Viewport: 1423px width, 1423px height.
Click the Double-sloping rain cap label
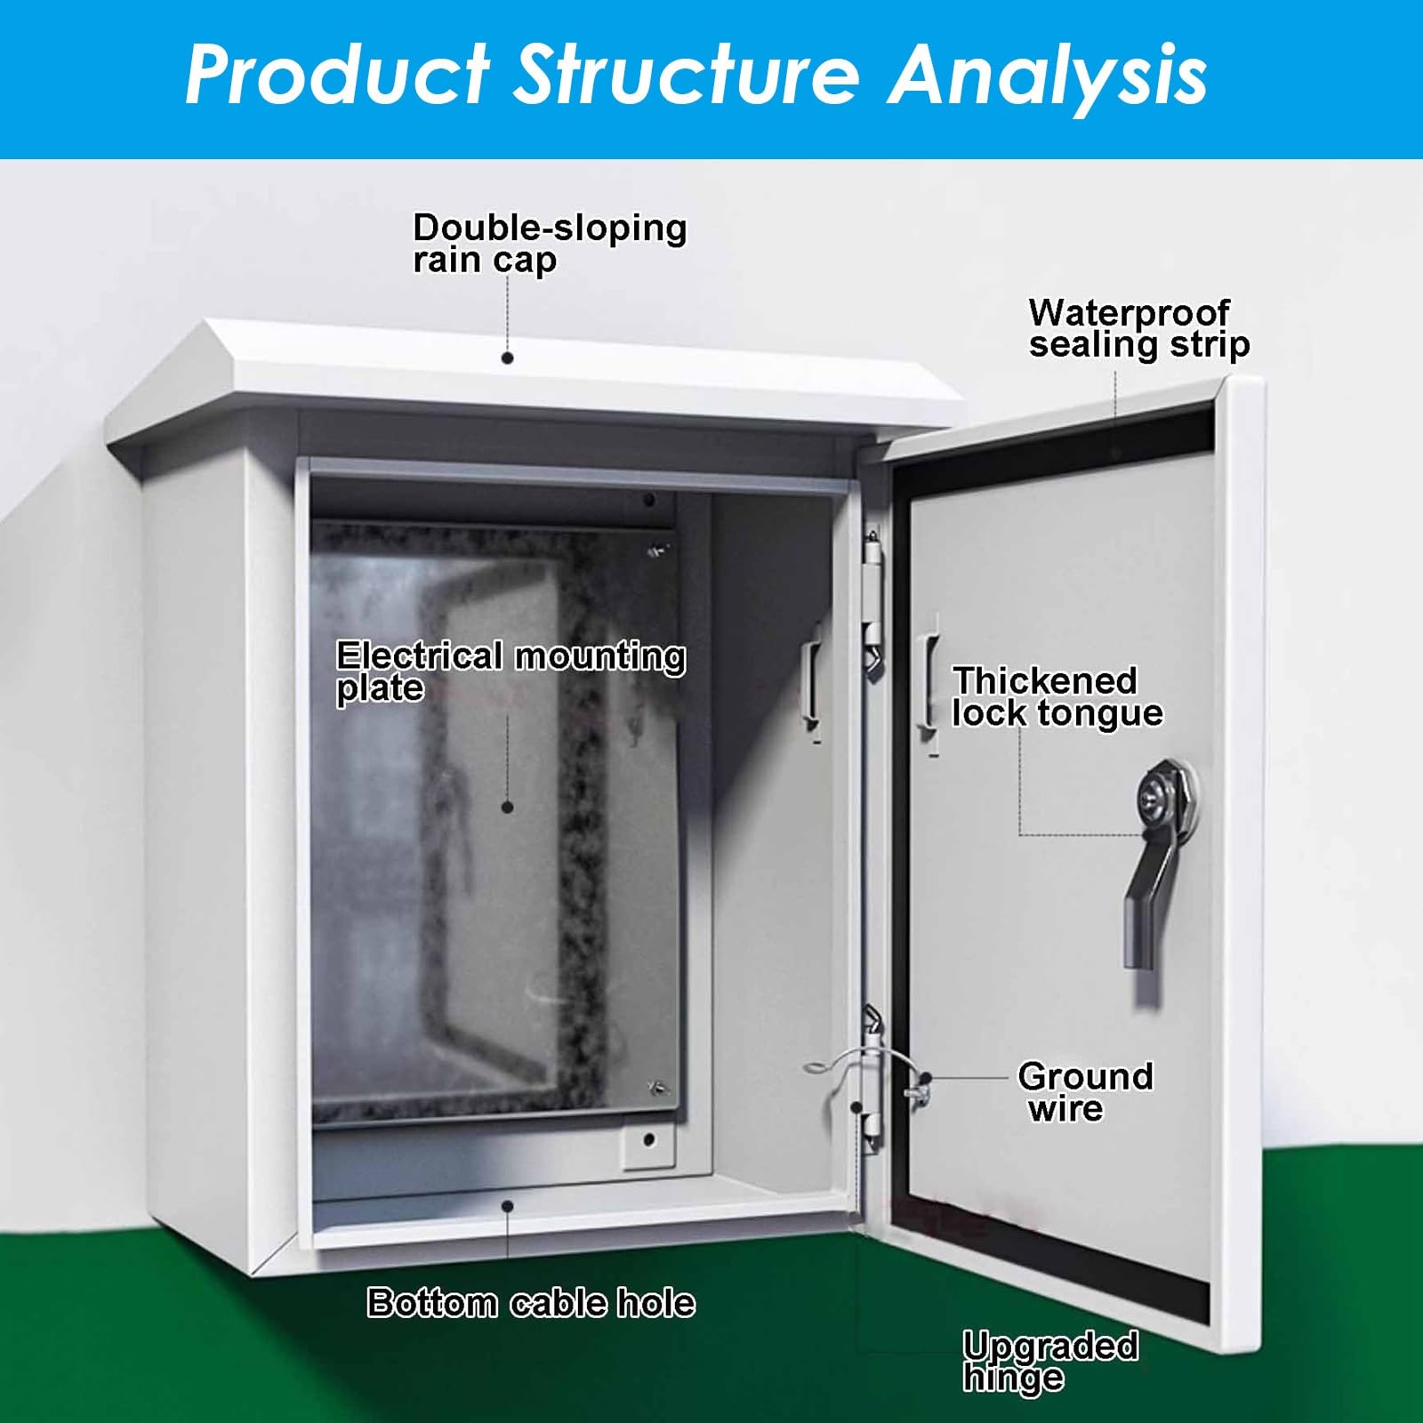click(x=550, y=244)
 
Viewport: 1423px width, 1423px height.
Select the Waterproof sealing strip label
click(x=1138, y=329)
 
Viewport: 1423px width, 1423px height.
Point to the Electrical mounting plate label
click(x=511, y=672)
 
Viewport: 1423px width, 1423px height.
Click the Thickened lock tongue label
click(x=1057, y=697)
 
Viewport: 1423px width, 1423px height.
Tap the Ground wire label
click(x=1085, y=1092)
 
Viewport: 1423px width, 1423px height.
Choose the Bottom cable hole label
click(x=531, y=1303)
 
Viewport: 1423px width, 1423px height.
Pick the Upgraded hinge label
click(x=1050, y=1361)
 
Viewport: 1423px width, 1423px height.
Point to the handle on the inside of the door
click(x=929, y=681)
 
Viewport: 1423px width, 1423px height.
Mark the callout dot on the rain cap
click(x=507, y=358)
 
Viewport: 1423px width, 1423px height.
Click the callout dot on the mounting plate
click(x=507, y=808)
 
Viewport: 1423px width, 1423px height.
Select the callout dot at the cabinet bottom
click(x=507, y=1206)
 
